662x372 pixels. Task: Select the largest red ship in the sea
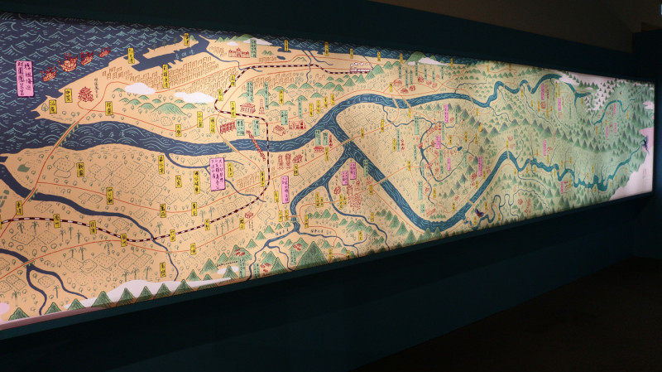(70, 60)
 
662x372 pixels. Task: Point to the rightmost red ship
(105, 52)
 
